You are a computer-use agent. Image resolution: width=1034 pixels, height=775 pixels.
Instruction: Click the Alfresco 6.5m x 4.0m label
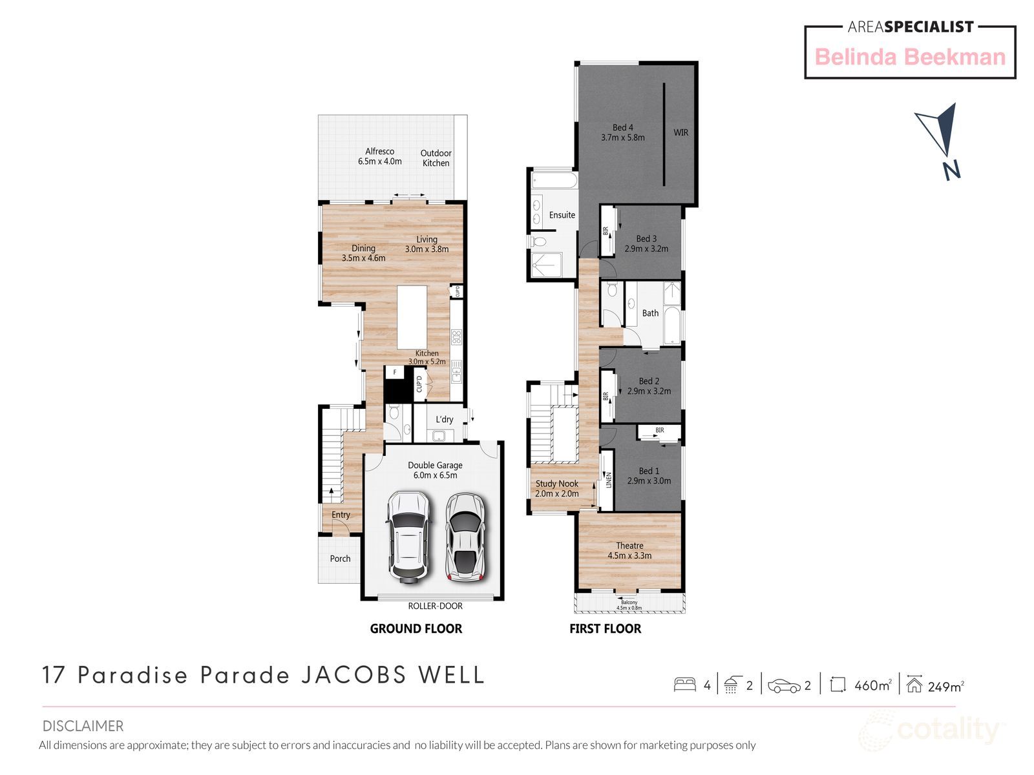pos(380,156)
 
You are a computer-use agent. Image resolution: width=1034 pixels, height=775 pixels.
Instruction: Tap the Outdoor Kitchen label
pos(436,158)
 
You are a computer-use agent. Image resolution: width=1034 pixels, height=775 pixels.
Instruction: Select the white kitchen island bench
pos(412,317)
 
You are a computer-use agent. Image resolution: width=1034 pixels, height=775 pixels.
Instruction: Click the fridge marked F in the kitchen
pos(394,373)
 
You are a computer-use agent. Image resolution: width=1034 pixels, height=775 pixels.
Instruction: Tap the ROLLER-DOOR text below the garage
pos(435,606)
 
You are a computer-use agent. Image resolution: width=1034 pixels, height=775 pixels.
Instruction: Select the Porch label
pos(340,559)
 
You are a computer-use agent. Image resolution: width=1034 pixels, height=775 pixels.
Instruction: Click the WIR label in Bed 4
pos(681,132)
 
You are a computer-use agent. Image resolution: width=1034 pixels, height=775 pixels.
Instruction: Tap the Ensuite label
pos(562,215)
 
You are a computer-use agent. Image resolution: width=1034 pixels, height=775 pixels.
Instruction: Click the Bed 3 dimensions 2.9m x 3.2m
pos(646,249)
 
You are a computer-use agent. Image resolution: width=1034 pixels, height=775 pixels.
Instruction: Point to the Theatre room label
pos(629,546)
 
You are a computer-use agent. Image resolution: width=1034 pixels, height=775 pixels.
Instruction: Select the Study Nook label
pos(556,484)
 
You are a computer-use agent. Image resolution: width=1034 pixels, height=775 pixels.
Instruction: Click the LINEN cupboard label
pos(608,480)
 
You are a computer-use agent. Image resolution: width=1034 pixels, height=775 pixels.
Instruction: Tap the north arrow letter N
pos(951,170)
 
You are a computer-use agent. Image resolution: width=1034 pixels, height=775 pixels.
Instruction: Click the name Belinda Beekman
pos(910,57)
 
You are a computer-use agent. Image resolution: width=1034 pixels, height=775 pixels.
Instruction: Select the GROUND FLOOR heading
pos(416,628)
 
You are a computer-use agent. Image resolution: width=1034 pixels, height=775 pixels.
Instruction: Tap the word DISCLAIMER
pos(83,726)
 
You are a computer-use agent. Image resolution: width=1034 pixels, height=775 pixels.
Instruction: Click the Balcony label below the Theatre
pos(629,603)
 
